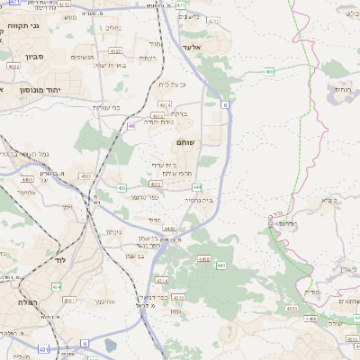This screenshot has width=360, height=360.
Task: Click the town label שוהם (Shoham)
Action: pyautogui.click(x=190, y=142)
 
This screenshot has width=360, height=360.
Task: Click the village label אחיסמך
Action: pyautogui.click(x=24, y=190)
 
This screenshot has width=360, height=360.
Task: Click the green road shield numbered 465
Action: pyautogui.click(x=268, y=71)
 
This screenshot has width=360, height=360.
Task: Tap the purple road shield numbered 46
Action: pyautogui.click(x=131, y=126)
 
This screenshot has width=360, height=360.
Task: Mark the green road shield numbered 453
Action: pyautogui.click(x=121, y=187)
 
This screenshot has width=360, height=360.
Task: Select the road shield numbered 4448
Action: pyautogui.click(x=170, y=229)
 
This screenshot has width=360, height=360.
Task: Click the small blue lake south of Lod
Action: pyautogui.click(x=110, y=344)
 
